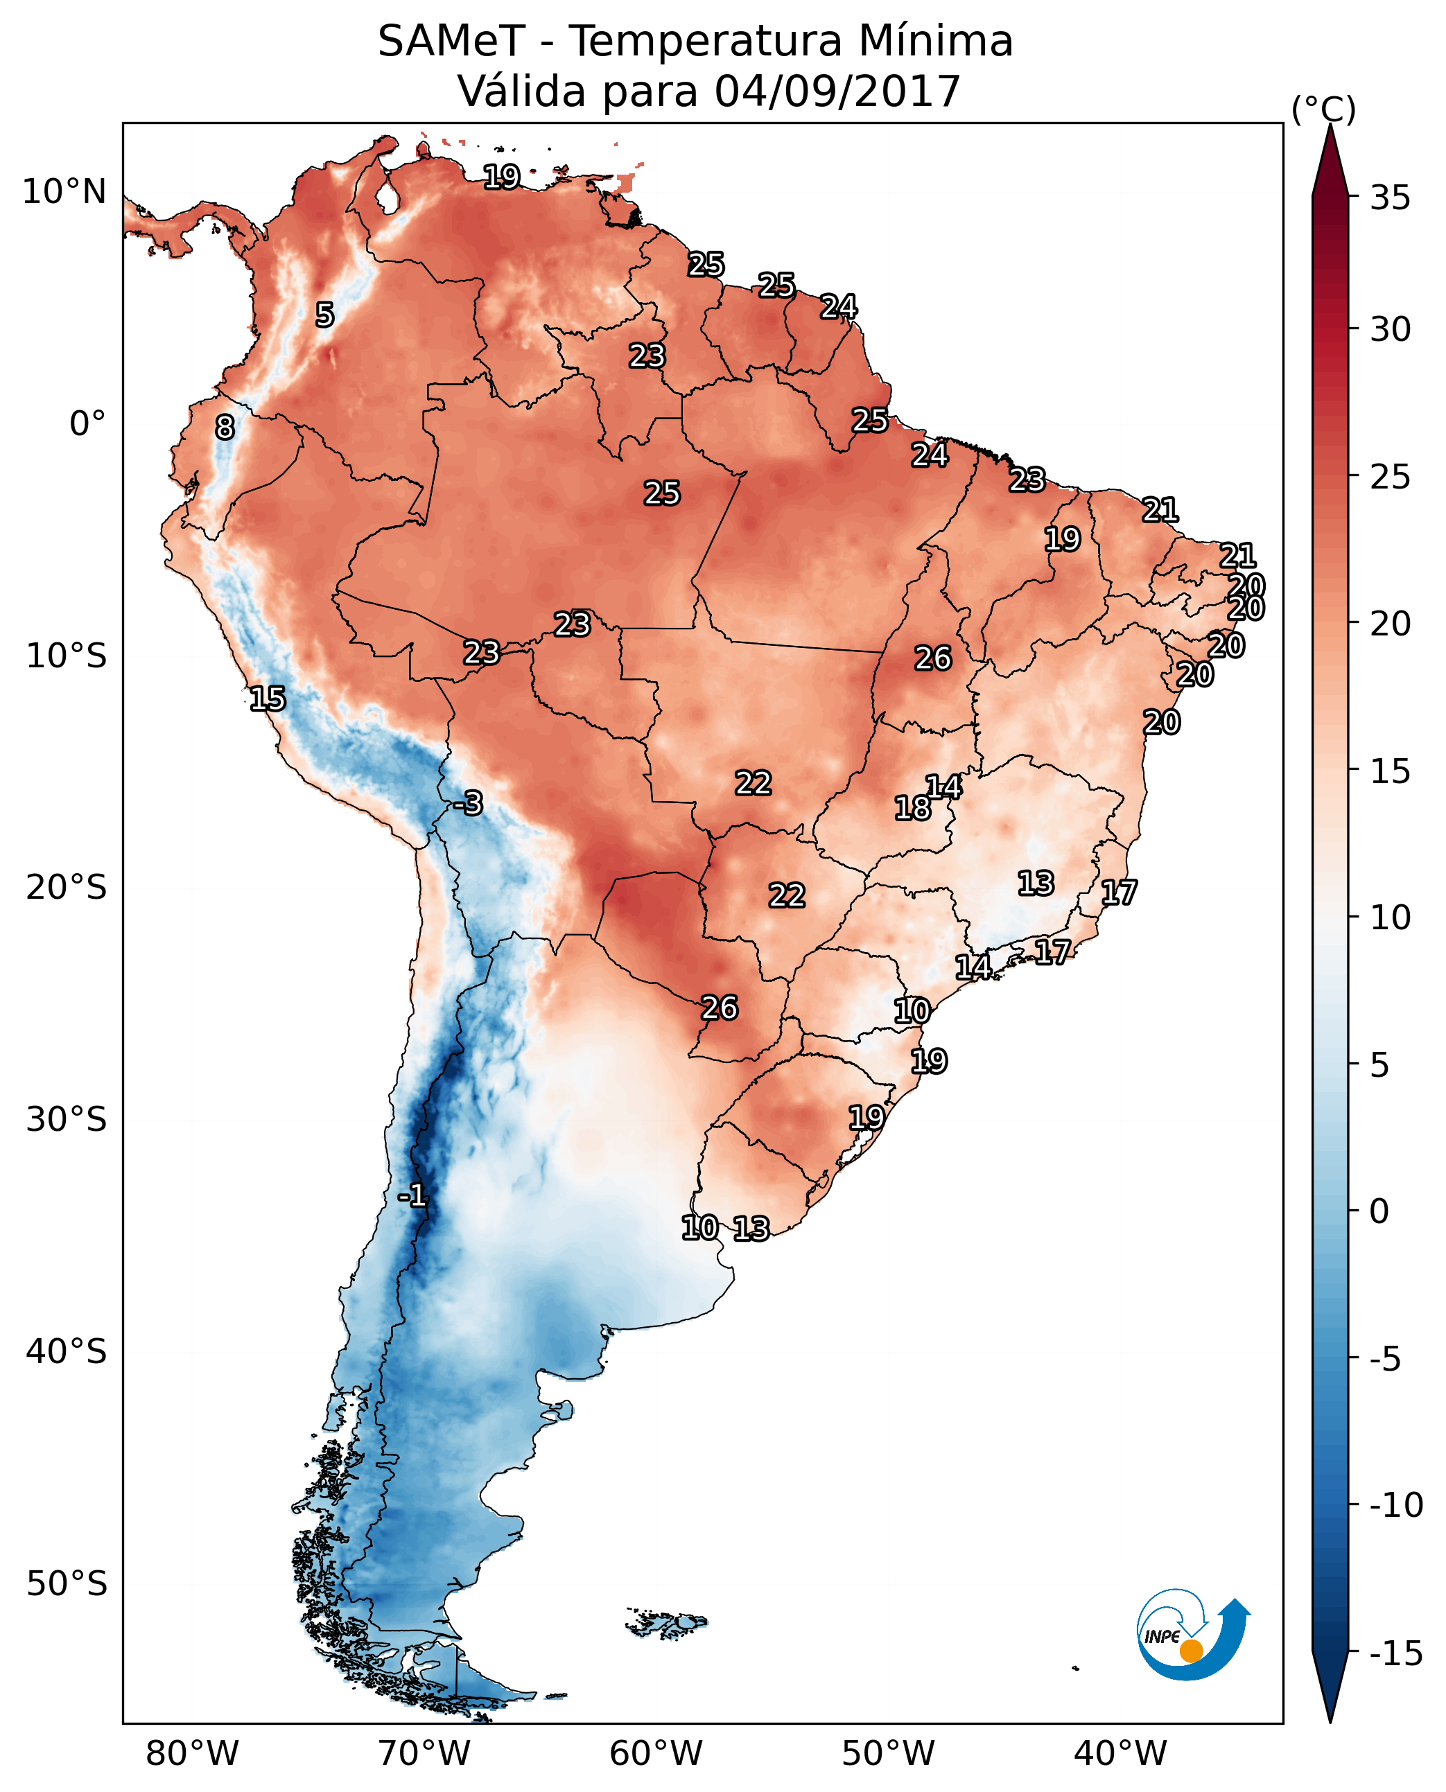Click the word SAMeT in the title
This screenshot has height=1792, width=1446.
click(451, 41)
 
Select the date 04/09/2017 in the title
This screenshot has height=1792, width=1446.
click(838, 91)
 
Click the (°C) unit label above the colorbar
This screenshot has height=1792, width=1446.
click(1323, 109)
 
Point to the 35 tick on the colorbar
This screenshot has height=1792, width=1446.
click(1391, 198)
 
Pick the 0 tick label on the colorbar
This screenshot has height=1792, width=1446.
click(1380, 1211)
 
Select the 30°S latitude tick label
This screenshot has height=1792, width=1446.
click(67, 1119)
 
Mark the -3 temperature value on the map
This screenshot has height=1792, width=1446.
click(468, 802)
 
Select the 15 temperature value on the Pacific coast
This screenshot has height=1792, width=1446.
click(268, 699)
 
